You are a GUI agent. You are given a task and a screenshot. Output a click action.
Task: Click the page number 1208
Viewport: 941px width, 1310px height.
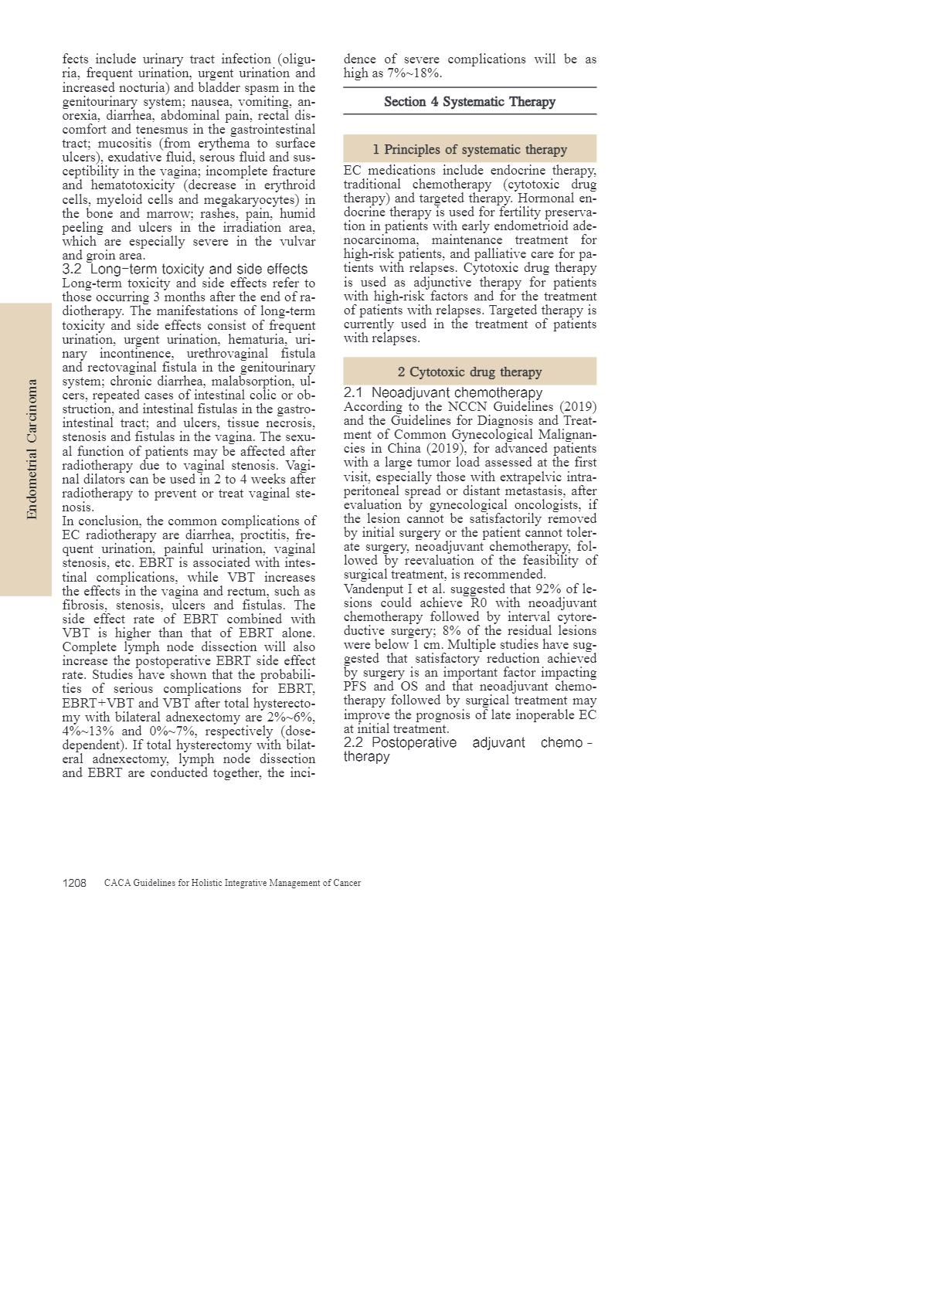(74, 883)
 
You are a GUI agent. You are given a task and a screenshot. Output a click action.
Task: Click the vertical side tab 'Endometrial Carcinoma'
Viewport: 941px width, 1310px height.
(32, 449)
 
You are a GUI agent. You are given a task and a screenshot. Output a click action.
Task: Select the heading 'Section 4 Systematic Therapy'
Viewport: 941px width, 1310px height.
(470, 101)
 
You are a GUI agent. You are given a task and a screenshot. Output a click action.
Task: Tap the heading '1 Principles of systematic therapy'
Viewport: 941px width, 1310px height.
(470, 149)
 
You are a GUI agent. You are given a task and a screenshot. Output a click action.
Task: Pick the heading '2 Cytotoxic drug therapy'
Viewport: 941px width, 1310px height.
(470, 372)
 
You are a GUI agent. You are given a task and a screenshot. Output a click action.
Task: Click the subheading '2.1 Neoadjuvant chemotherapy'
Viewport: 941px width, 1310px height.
(443, 392)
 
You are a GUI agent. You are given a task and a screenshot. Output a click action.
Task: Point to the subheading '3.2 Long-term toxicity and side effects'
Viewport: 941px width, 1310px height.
(185, 269)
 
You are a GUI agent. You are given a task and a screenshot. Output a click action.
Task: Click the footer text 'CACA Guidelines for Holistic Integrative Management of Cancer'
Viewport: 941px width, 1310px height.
(233, 883)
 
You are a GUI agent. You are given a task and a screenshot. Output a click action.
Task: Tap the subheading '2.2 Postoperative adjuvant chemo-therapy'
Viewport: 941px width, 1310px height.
(467, 748)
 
